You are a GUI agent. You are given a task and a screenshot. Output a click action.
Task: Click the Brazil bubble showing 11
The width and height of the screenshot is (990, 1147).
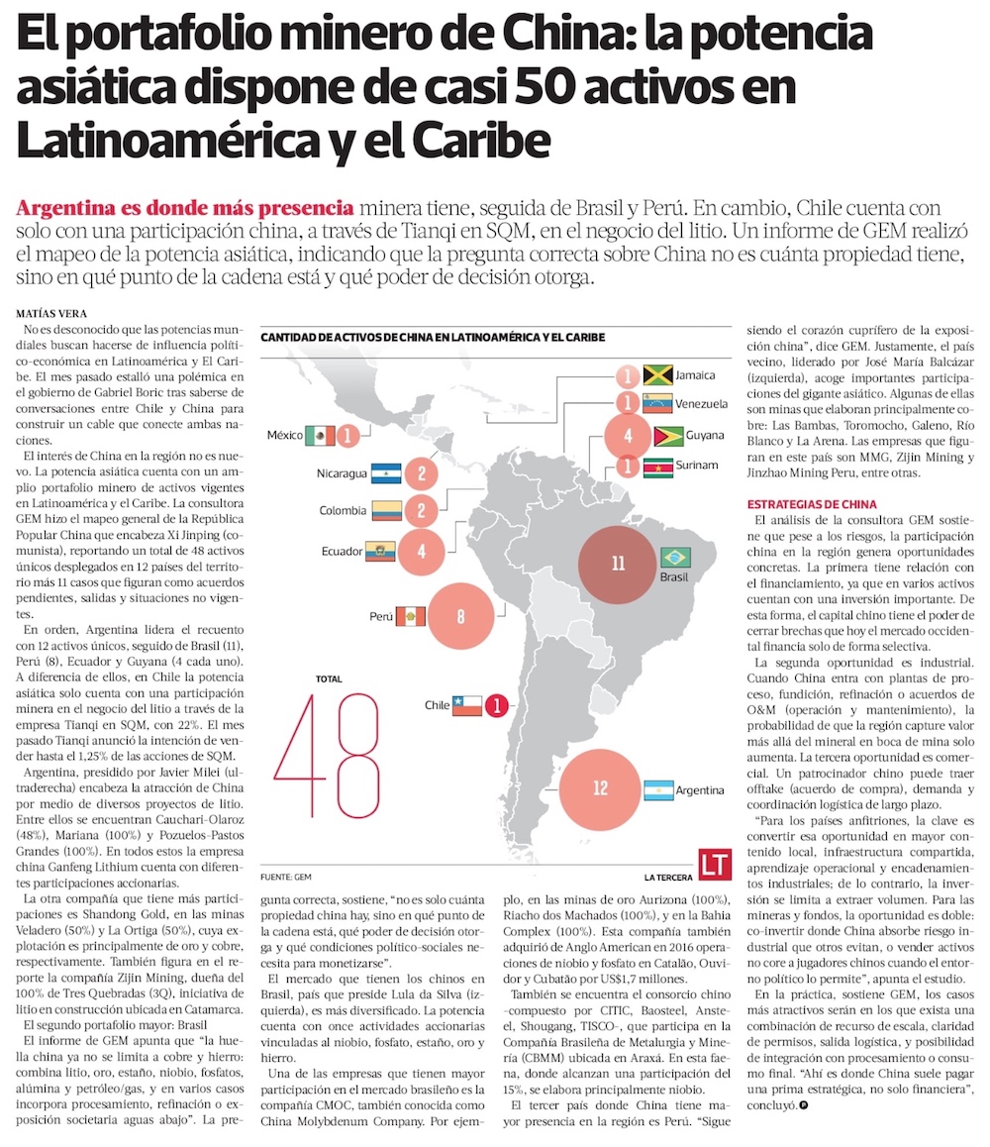point(618,564)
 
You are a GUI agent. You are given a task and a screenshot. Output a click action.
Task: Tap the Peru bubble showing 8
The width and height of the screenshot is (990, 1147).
point(461,616)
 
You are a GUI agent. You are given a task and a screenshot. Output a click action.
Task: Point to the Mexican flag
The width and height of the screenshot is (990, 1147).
point(320,435)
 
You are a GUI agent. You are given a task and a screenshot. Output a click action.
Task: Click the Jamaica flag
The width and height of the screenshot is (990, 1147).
point(658,375)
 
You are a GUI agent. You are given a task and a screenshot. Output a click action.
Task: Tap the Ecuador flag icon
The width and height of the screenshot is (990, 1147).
point(381,551)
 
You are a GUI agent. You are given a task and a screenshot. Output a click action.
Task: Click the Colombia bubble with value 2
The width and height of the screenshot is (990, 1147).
point(422,510)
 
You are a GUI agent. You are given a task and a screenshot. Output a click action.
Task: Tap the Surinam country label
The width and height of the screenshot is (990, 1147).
point(699,466)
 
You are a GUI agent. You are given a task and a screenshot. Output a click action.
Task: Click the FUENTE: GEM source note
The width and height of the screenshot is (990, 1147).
point(286,877)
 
